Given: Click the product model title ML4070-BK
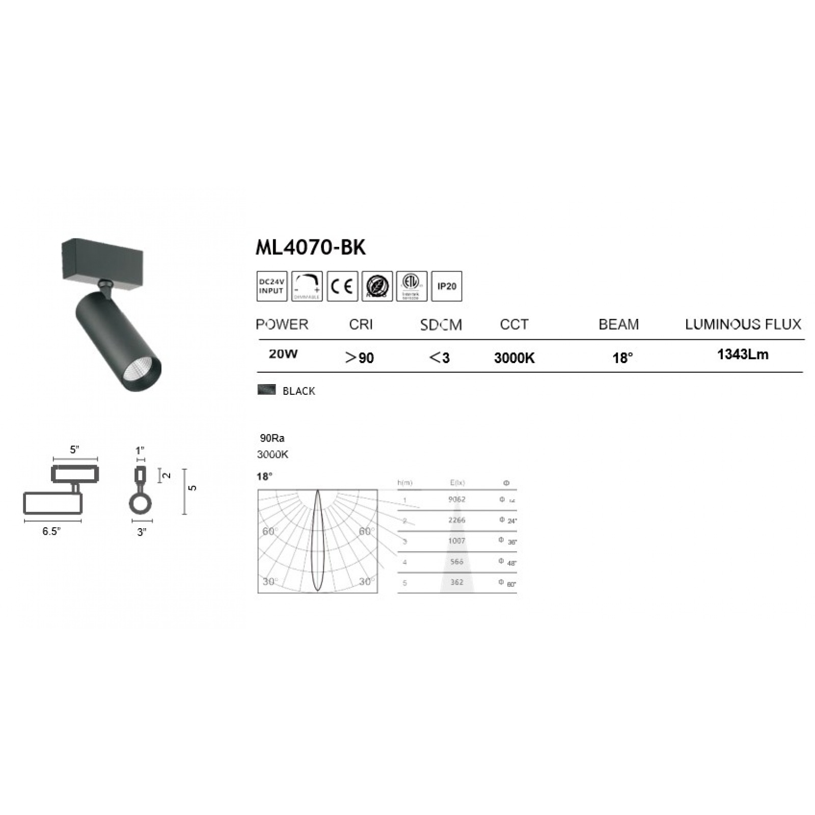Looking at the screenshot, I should coord(310,248).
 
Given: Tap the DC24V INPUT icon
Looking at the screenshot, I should coord(271,286).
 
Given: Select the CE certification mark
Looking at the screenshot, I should coord(342,286).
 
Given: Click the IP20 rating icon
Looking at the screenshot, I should coord(447,286).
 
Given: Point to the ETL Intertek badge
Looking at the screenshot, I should coord(411,286).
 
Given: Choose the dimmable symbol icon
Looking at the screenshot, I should coord(307,286).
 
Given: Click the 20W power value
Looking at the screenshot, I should coord(283,354).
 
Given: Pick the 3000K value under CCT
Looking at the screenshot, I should coord(514,358).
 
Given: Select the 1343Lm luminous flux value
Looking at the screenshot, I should coord(743,355).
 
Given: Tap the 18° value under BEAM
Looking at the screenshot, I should coord(622,358).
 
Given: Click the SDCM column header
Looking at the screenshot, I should coord(441,325).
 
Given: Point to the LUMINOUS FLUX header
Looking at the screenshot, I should coord(743,324).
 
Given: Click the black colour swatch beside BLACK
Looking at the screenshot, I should coord(266,390).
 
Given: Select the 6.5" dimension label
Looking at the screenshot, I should coord(51,531).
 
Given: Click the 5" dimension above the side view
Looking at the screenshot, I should coord(75,450).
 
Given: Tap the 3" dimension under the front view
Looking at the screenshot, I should coord(142,532).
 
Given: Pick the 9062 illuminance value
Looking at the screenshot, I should coord(457,499).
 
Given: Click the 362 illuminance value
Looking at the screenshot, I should coord(457,582).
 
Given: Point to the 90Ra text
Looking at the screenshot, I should coord(272,438).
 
